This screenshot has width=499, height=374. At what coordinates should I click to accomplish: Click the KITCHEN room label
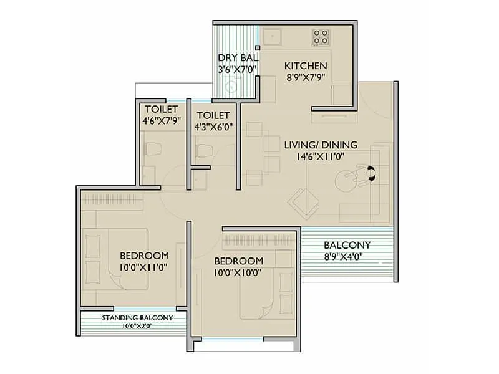(306, 65)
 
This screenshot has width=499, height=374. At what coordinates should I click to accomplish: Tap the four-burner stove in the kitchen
(321, 37)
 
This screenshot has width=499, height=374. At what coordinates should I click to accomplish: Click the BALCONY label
(347, 245)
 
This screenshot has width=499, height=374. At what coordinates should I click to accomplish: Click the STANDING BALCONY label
(137, 318)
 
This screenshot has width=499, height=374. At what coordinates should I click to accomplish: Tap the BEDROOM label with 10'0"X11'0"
(144, 256)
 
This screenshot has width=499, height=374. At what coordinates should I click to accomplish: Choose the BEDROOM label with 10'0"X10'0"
(238, 261)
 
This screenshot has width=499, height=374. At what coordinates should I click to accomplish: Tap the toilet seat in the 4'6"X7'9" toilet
(153, 148)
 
